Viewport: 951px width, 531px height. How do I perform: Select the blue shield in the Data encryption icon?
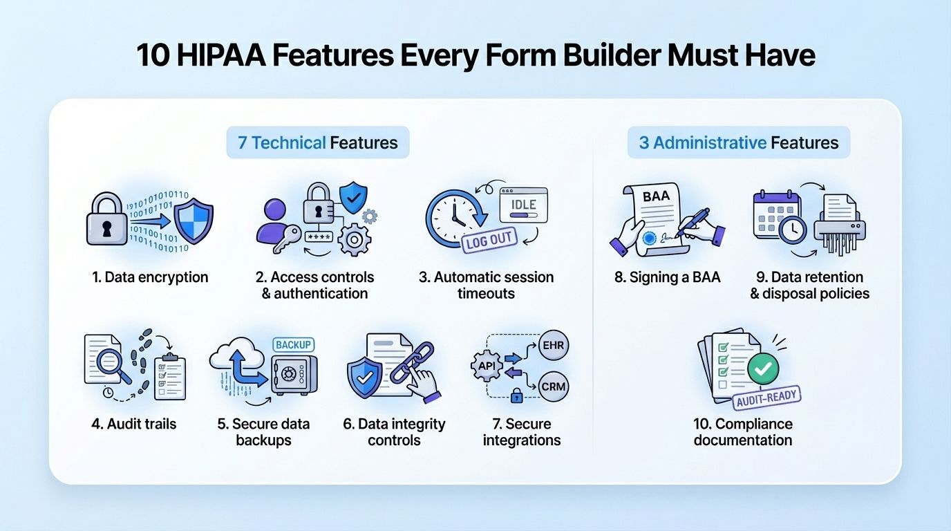point(193,221)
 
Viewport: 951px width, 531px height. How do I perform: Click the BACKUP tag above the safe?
point(294,344)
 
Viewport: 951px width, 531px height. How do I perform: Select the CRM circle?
point(554,386)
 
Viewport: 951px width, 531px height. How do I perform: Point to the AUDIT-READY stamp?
point(767,397)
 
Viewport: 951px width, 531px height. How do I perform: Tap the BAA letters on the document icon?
point(656,196)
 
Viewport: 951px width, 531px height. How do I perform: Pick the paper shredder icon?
point(839,225)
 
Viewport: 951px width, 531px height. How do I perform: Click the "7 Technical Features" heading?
point(318,142)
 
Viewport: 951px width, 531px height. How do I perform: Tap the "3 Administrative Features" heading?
point(738,142)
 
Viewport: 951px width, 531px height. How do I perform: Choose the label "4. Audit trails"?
point(134,424)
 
